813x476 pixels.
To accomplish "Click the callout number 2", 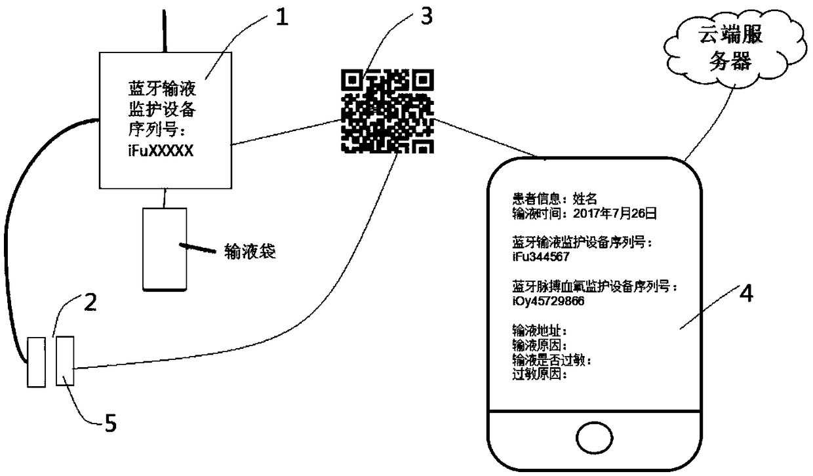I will [x=91, y=302].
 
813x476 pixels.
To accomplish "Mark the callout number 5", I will [x=111, y=424].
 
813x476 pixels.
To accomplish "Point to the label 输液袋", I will [x=249, y=252].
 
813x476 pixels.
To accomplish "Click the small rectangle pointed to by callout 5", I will [x=65, y=361].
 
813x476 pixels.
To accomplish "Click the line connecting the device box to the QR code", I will [x=285, y=132].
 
